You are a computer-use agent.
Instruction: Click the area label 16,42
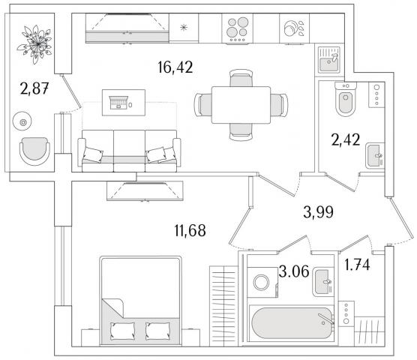point(175,67)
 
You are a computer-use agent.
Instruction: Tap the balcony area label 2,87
point(34,88)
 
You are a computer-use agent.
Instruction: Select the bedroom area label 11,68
point(190,230)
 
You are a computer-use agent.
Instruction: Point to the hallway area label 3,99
point(318,212)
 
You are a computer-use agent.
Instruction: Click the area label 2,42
point(346,139)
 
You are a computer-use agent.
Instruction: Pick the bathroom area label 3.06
point(294,271)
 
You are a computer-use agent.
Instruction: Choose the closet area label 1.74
point(357,265)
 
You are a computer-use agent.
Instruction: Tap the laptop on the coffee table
point(119,103)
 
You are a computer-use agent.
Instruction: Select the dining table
point(241,105)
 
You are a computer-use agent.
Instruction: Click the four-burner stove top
point(238,28)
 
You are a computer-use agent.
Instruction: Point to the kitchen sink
point(329,60)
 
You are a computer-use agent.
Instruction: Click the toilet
point(346,99)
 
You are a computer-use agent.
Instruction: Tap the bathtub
point(292,323)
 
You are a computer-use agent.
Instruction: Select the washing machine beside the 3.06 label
point(262,282)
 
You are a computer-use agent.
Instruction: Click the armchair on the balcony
point(34,151)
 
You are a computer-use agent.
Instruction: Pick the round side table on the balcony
point(22,121)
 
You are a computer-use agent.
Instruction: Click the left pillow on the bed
point(122,331)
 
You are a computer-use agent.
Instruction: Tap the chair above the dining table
point(241,78)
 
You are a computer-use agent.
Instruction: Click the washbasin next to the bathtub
point(323,282)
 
